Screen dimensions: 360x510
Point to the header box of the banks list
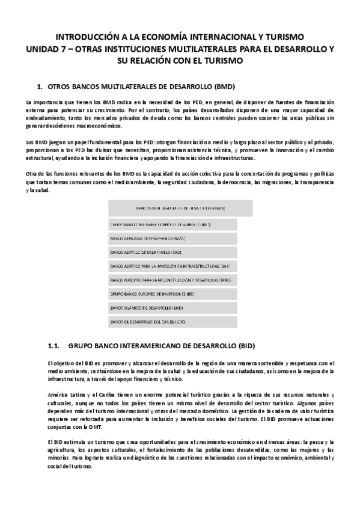coord(180,208)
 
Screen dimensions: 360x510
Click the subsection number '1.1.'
coord(53,346)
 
